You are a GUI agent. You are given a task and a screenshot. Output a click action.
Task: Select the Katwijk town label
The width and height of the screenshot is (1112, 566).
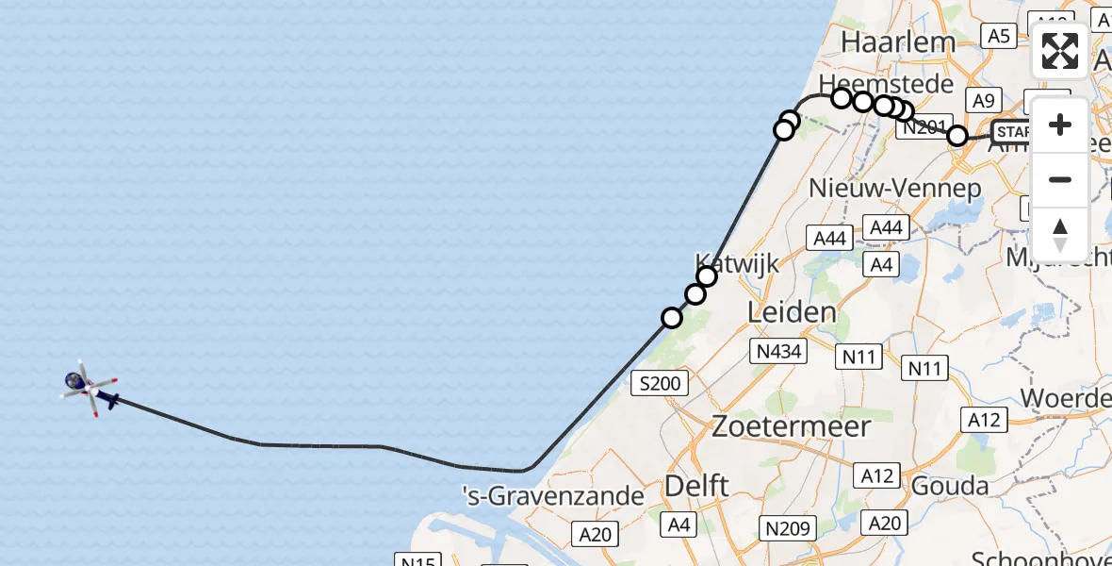point(737,262)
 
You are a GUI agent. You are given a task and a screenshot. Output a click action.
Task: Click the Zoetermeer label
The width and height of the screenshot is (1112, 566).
point(791,426)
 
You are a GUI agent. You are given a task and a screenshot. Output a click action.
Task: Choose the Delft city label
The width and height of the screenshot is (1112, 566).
point(696,486)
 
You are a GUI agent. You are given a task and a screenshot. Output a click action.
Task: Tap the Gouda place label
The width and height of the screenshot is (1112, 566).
point(949,486)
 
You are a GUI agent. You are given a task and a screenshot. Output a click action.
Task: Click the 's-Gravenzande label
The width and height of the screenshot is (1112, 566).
point(553,495)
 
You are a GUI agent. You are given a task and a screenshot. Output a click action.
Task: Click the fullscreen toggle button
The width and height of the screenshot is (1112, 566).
point(1060,51)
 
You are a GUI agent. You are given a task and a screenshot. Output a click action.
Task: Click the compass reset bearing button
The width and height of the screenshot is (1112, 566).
point(1060,234)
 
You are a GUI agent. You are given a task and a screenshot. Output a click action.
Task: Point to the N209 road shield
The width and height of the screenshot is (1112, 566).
point(788,528)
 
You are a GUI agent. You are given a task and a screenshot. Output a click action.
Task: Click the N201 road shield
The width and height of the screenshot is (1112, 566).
point(922,128)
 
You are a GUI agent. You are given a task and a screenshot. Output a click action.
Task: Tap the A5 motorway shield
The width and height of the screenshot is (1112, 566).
point(998,36)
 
